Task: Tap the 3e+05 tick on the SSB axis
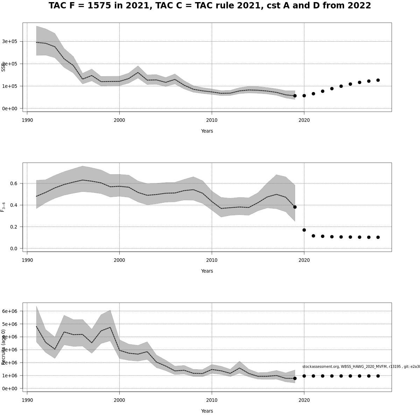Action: [10, 41]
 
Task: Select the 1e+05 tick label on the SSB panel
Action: [10, 86]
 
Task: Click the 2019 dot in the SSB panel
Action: [295, 96]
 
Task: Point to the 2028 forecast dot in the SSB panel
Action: [378, 80]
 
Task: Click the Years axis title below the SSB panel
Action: [207, 131]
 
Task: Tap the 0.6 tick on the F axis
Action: [14, 183]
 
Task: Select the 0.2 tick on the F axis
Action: [14, 227]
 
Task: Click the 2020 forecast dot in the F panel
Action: [304, 230]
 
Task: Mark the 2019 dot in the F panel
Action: [295, 207]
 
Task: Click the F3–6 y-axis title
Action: [3, 207]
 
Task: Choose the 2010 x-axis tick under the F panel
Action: [212, 260]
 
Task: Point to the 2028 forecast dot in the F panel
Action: [378, 237]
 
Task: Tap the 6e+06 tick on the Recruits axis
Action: [10, 311]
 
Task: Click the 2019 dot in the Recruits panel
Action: [295, 378]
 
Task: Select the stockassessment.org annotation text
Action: [360, 366]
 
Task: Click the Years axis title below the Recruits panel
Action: [207, 411]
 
